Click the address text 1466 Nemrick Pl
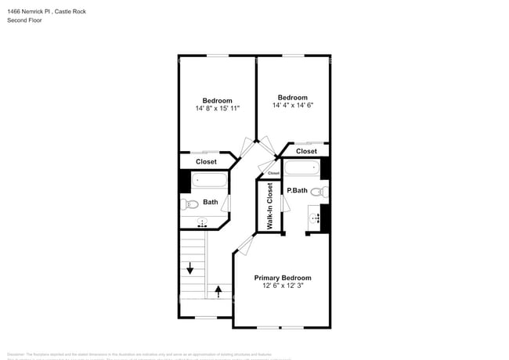pyautogui.click(x=34, y=11)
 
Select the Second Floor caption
pyautogui.click(x=24, y=20)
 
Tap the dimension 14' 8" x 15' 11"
pyautogui.click(x=217, y=109)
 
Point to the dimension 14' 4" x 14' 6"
pyautogui.click(x=294, y=106)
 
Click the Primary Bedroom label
pyautogui.click(x=283, y=278)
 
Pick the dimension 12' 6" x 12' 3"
pyautogui.click(x=283, y=286)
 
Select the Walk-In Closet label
pyautogui.click(x=269, y=207)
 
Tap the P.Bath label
pyautogui.click(x=296, y=190)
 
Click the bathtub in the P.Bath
pyautogui.click(x=301, y=167)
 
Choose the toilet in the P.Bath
pyautogui.click(x=318, y=191)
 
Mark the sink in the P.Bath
pyautogui.click(x=316, y=218)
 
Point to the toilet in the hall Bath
pyautogui.click(x=190, y=205)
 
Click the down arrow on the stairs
pyautogui.click(x=190, y=268)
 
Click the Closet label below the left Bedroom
pyautogui.click(x=206, y=161)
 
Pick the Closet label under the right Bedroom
pyautogui.click(x=306, y=151)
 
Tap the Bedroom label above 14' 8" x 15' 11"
pyautogui.click(x=217, y=100)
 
